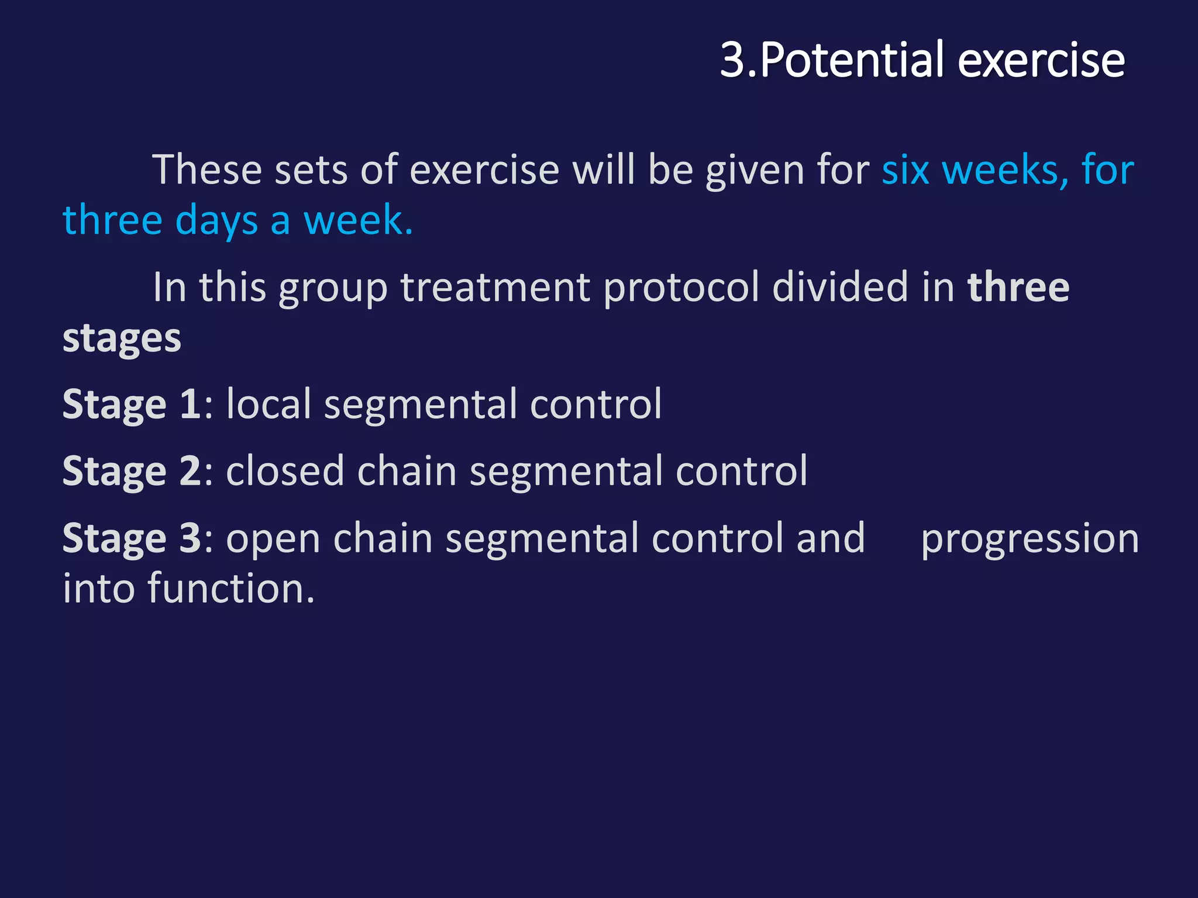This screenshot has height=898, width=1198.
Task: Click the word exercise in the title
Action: [1041, 60]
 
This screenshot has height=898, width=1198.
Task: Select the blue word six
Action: [906, 170]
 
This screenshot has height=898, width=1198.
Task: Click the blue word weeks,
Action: [1006, 170]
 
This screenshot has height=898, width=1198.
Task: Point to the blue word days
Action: [216, 221]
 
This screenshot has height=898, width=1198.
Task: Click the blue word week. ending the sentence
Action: [358, 221]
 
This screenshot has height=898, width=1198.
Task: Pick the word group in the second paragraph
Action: [333, 288]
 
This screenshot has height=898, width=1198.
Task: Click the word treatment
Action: [495, 288]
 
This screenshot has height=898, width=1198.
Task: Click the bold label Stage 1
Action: [132, 405]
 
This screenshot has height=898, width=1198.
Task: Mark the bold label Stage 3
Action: [132, 538]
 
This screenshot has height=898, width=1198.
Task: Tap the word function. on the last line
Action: [231, 589]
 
